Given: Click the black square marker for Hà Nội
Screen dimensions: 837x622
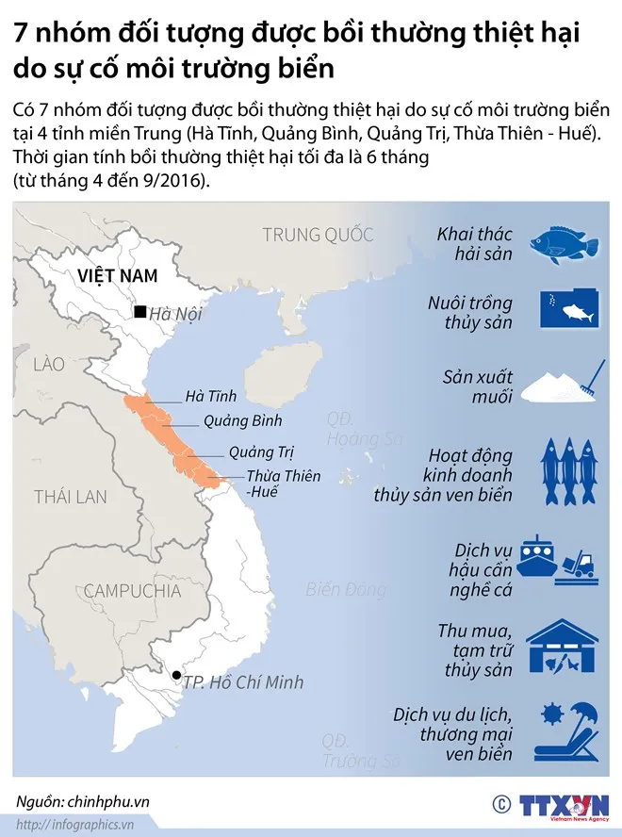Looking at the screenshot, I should (139, 312).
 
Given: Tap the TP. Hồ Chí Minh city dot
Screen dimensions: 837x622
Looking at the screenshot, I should (176, 675).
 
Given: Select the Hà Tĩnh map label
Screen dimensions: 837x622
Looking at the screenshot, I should (211, 396).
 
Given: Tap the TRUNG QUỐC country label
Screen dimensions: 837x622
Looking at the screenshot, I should (318, 235).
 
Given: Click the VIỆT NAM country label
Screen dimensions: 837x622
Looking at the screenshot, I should (117, 275).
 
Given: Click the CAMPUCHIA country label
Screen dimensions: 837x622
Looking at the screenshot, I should (132, 591).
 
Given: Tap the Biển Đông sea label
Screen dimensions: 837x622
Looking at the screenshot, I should (346, 590).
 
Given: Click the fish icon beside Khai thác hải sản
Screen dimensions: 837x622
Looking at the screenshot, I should (565, 242).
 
